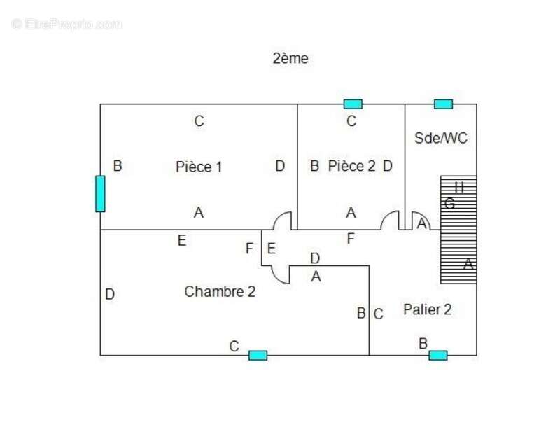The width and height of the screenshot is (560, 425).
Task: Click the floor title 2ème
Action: coord(290,59)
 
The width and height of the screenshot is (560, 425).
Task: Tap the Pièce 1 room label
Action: coord(199,167)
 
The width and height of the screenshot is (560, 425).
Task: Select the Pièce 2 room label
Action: coord(351,166)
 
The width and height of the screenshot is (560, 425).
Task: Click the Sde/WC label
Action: coord(441,138)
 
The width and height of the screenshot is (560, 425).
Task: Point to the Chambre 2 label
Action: coord(220,292)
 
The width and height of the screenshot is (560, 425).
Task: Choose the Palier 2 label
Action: coord(428,309)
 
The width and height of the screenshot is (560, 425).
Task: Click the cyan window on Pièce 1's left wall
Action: coord(100,193)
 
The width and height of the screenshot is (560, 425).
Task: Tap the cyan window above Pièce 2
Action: coord(353,104)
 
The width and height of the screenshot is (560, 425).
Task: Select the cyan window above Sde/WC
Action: coord(443,104)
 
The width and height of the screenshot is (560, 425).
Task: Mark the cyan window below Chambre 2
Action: coord(258,355)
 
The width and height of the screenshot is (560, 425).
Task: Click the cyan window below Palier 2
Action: coord(438,355)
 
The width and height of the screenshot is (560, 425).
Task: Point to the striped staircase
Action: coord(458,230)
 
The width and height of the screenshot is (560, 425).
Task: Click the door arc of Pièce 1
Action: coord(283,221)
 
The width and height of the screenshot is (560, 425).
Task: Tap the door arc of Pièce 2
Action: coord(390,221)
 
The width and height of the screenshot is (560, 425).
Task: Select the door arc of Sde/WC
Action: coord(419,220)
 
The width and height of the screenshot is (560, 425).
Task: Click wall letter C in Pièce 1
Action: coord(199,121)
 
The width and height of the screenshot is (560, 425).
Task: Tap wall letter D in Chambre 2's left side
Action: coord(110,295)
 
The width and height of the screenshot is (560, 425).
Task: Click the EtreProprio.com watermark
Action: coord(67,24)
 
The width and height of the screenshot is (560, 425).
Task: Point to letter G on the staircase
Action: coord(450,204)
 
